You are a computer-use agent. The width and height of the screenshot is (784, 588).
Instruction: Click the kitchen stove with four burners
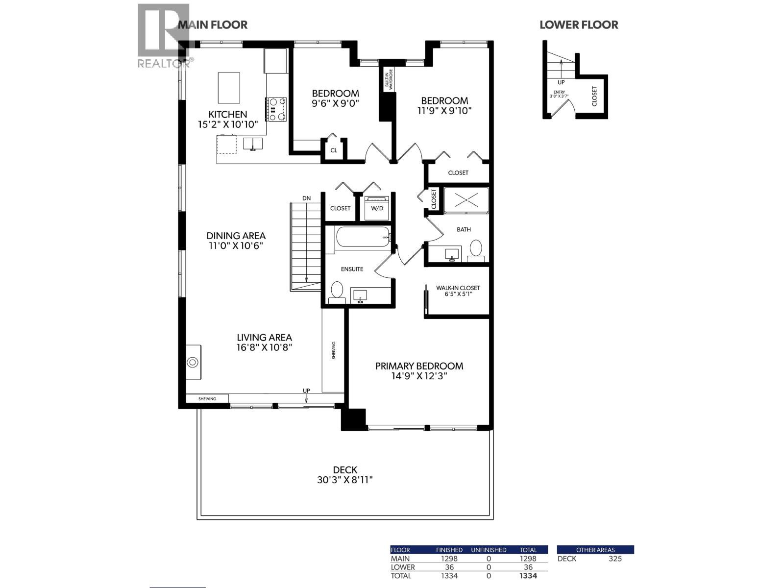click(277, 109)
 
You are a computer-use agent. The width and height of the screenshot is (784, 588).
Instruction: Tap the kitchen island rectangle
click(229, 88)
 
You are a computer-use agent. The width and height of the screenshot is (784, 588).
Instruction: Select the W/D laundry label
click(377, 208)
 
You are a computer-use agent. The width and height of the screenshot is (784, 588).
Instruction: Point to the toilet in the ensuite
click(337, 291)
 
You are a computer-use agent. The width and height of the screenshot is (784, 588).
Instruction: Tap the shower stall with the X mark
click(466, 200)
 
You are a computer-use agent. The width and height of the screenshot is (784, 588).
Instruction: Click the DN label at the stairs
click(306, 198)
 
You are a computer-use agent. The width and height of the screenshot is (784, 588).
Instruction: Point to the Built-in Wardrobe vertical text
click(387, 78)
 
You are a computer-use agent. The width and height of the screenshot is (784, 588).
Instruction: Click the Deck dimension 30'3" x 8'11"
click(345, 480)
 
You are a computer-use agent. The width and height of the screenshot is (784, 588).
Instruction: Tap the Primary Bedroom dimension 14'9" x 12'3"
click(419, 376)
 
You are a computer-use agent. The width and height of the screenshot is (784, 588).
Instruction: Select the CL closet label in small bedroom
click(334, 150)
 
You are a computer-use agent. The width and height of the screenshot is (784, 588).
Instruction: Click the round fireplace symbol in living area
click(193, 362)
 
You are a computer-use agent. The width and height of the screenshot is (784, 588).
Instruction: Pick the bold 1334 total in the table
click(528, 576)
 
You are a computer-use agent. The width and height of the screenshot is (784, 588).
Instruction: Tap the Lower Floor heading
click(579, 25)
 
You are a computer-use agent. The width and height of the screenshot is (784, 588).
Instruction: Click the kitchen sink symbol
click(253, 144)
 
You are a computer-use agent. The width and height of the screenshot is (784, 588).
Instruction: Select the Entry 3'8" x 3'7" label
click(559, 94)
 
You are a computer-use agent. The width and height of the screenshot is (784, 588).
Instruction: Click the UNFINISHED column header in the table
click(489, 550)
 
